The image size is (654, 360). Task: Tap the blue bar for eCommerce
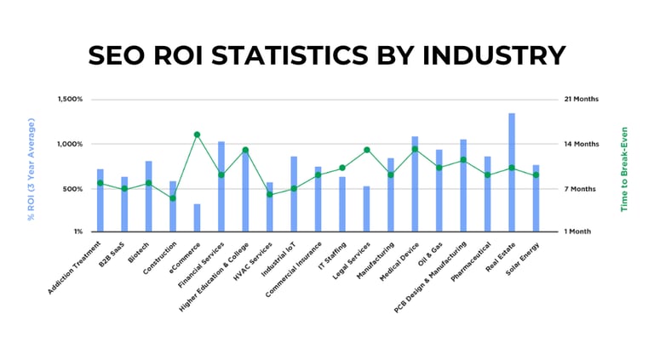[197, 217]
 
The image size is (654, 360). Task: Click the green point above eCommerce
[197, 134]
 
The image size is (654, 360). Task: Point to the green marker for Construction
[173, 198]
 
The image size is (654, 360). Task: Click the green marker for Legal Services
[367, 150]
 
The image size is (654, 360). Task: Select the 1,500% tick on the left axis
[70, 99]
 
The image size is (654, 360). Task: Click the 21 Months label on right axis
[582, 99]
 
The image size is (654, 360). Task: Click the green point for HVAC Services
[270, 194]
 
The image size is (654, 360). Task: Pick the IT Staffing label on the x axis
[330, 254]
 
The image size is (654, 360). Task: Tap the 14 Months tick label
[582, 144]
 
